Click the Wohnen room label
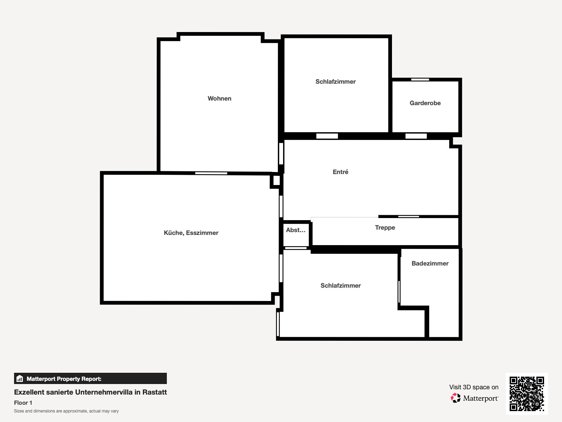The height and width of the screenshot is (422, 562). [x=220, y=98]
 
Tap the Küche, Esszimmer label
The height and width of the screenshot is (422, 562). [x=191, y=233]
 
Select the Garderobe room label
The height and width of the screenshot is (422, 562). [x=425, y=103]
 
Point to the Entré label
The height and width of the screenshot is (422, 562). [x=340, y=172]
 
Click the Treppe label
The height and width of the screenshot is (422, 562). [x=385, y=228]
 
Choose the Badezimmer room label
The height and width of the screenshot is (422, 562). [x=430, y=263]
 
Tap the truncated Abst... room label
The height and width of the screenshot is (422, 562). [x=295, y=230]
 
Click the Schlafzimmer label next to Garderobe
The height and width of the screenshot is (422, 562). [x=335, y=82]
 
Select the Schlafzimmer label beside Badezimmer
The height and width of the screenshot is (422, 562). [x=340, y=286]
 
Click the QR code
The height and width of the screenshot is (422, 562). [x=527, y=394]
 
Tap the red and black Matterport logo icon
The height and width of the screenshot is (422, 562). [x=456, y=398]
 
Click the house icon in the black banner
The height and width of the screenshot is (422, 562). [x=20, y=378]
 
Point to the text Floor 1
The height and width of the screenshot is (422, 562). [x=23, y=403]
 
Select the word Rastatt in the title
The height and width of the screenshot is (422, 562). [x=155, y=392]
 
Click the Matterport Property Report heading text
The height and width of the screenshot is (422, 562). [x=64, y=379]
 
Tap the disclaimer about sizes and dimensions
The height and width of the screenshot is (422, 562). [x=66, y=411]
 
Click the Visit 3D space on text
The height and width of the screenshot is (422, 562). [x=474, y=387]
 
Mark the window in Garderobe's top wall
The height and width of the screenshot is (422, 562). [x=420, y=80]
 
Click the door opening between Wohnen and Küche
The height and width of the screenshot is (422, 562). [x=211, y=173]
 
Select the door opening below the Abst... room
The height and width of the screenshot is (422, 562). [x=296, y=248]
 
